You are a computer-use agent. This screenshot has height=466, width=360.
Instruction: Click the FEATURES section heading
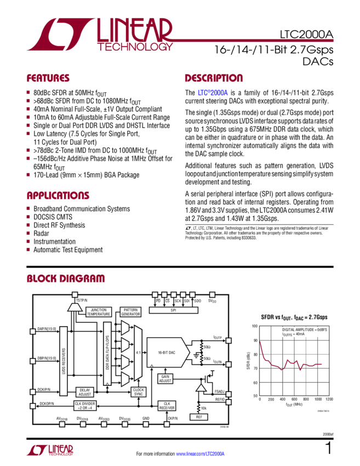click(48, 78)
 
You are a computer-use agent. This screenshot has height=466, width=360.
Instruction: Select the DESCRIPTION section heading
click(213, 78)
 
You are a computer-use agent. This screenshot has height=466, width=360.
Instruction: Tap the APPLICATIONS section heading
click(58, 196)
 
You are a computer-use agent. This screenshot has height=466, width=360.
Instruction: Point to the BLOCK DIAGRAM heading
click(66, 279)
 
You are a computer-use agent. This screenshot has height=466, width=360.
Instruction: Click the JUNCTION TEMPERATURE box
click(99, 312)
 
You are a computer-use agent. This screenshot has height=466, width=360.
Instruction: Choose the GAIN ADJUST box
click(165, 378)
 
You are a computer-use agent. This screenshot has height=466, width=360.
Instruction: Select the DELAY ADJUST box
click(85, 392)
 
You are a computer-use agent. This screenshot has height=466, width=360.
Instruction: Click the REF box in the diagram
click(198, 417)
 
